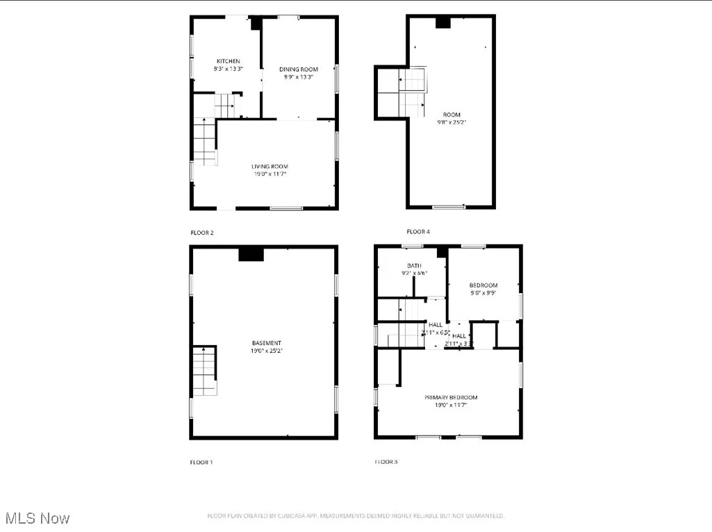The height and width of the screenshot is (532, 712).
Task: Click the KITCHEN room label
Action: pyautogui.click(x=228, y=61)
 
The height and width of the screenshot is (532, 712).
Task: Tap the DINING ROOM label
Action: pyautogui.click(x=299, y=69)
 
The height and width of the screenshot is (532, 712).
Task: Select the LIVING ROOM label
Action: pyautogui.click(x=270, y=166)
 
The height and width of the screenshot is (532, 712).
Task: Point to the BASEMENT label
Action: pyautogui.click(x=267, y=342)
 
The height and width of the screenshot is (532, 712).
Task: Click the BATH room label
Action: pyautogui.click(x=414, y=265)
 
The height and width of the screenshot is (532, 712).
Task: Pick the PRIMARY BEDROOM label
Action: pyautogui.click(x=451, y=397)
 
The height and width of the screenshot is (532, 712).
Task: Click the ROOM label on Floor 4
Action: pyautogui.click(x=452, y=115)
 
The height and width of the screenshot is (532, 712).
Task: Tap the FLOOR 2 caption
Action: pyautogui.click(x=202, y=233)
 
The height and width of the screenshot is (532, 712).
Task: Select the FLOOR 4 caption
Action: pyautogui.click(x=418, y=231)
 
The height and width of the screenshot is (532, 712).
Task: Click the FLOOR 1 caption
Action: pyautogui.click(x=202, y=462)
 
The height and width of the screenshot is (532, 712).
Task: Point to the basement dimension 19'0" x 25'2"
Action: pyautogui.click(x=267, y=351)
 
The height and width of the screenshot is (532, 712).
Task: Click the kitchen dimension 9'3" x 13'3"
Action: pyautogui.click(x=228, y=69)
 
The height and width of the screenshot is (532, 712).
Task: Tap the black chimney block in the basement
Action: pyautogui.click(x=251, y=254)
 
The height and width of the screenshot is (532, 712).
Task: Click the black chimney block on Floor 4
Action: pyautogui.click(x=443, y=23)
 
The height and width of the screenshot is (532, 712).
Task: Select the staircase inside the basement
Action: pyautogui.click(x=205, y=371)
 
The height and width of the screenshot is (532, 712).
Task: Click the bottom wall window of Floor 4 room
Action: pyautogui.click(x=449, y=206)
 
